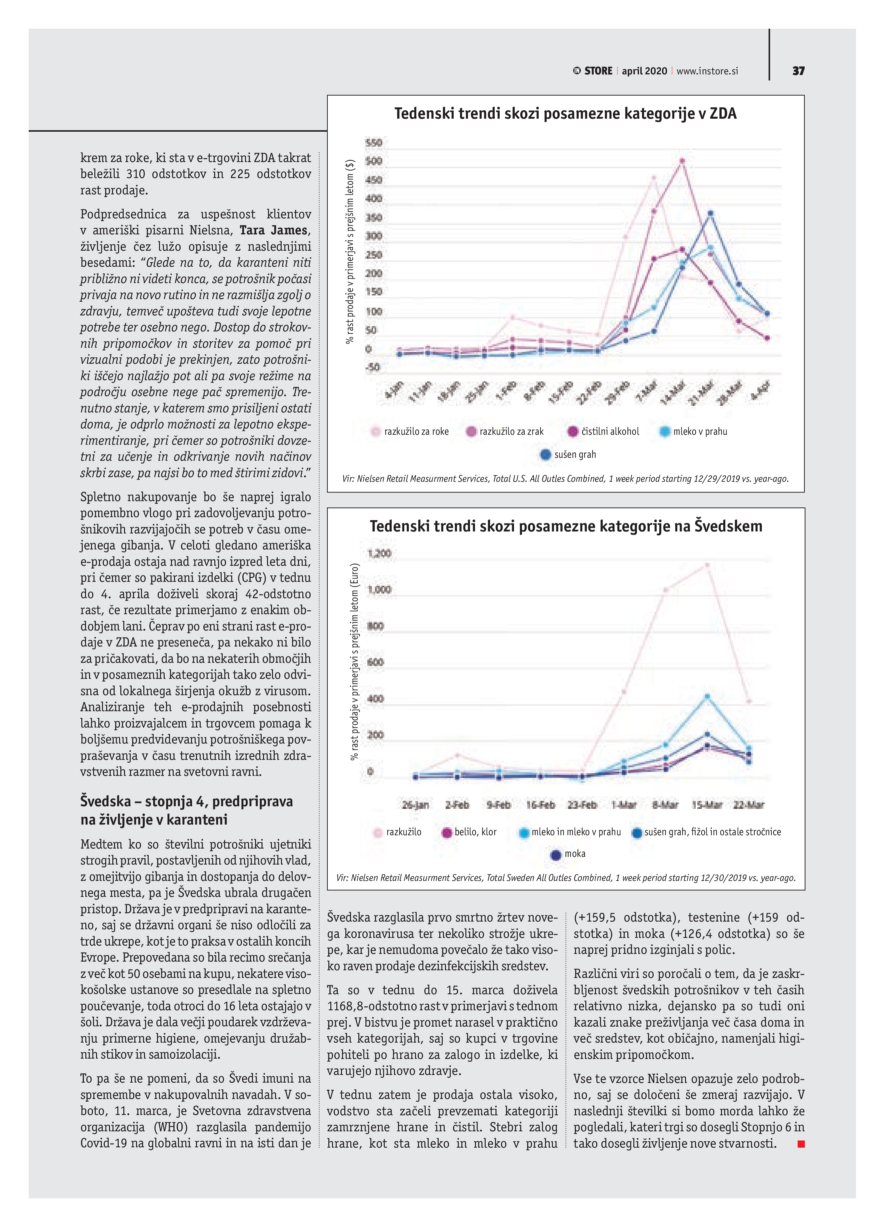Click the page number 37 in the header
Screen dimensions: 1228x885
[798, 71]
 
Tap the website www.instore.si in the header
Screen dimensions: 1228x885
[707, 71]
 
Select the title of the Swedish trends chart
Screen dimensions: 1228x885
[566, 526]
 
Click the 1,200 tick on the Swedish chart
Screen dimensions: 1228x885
[379, 553]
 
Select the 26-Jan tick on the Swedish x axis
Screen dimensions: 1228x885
[415, 805]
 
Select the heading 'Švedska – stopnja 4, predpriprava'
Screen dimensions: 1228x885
[187, 801]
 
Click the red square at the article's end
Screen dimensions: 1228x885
[801, 1144]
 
